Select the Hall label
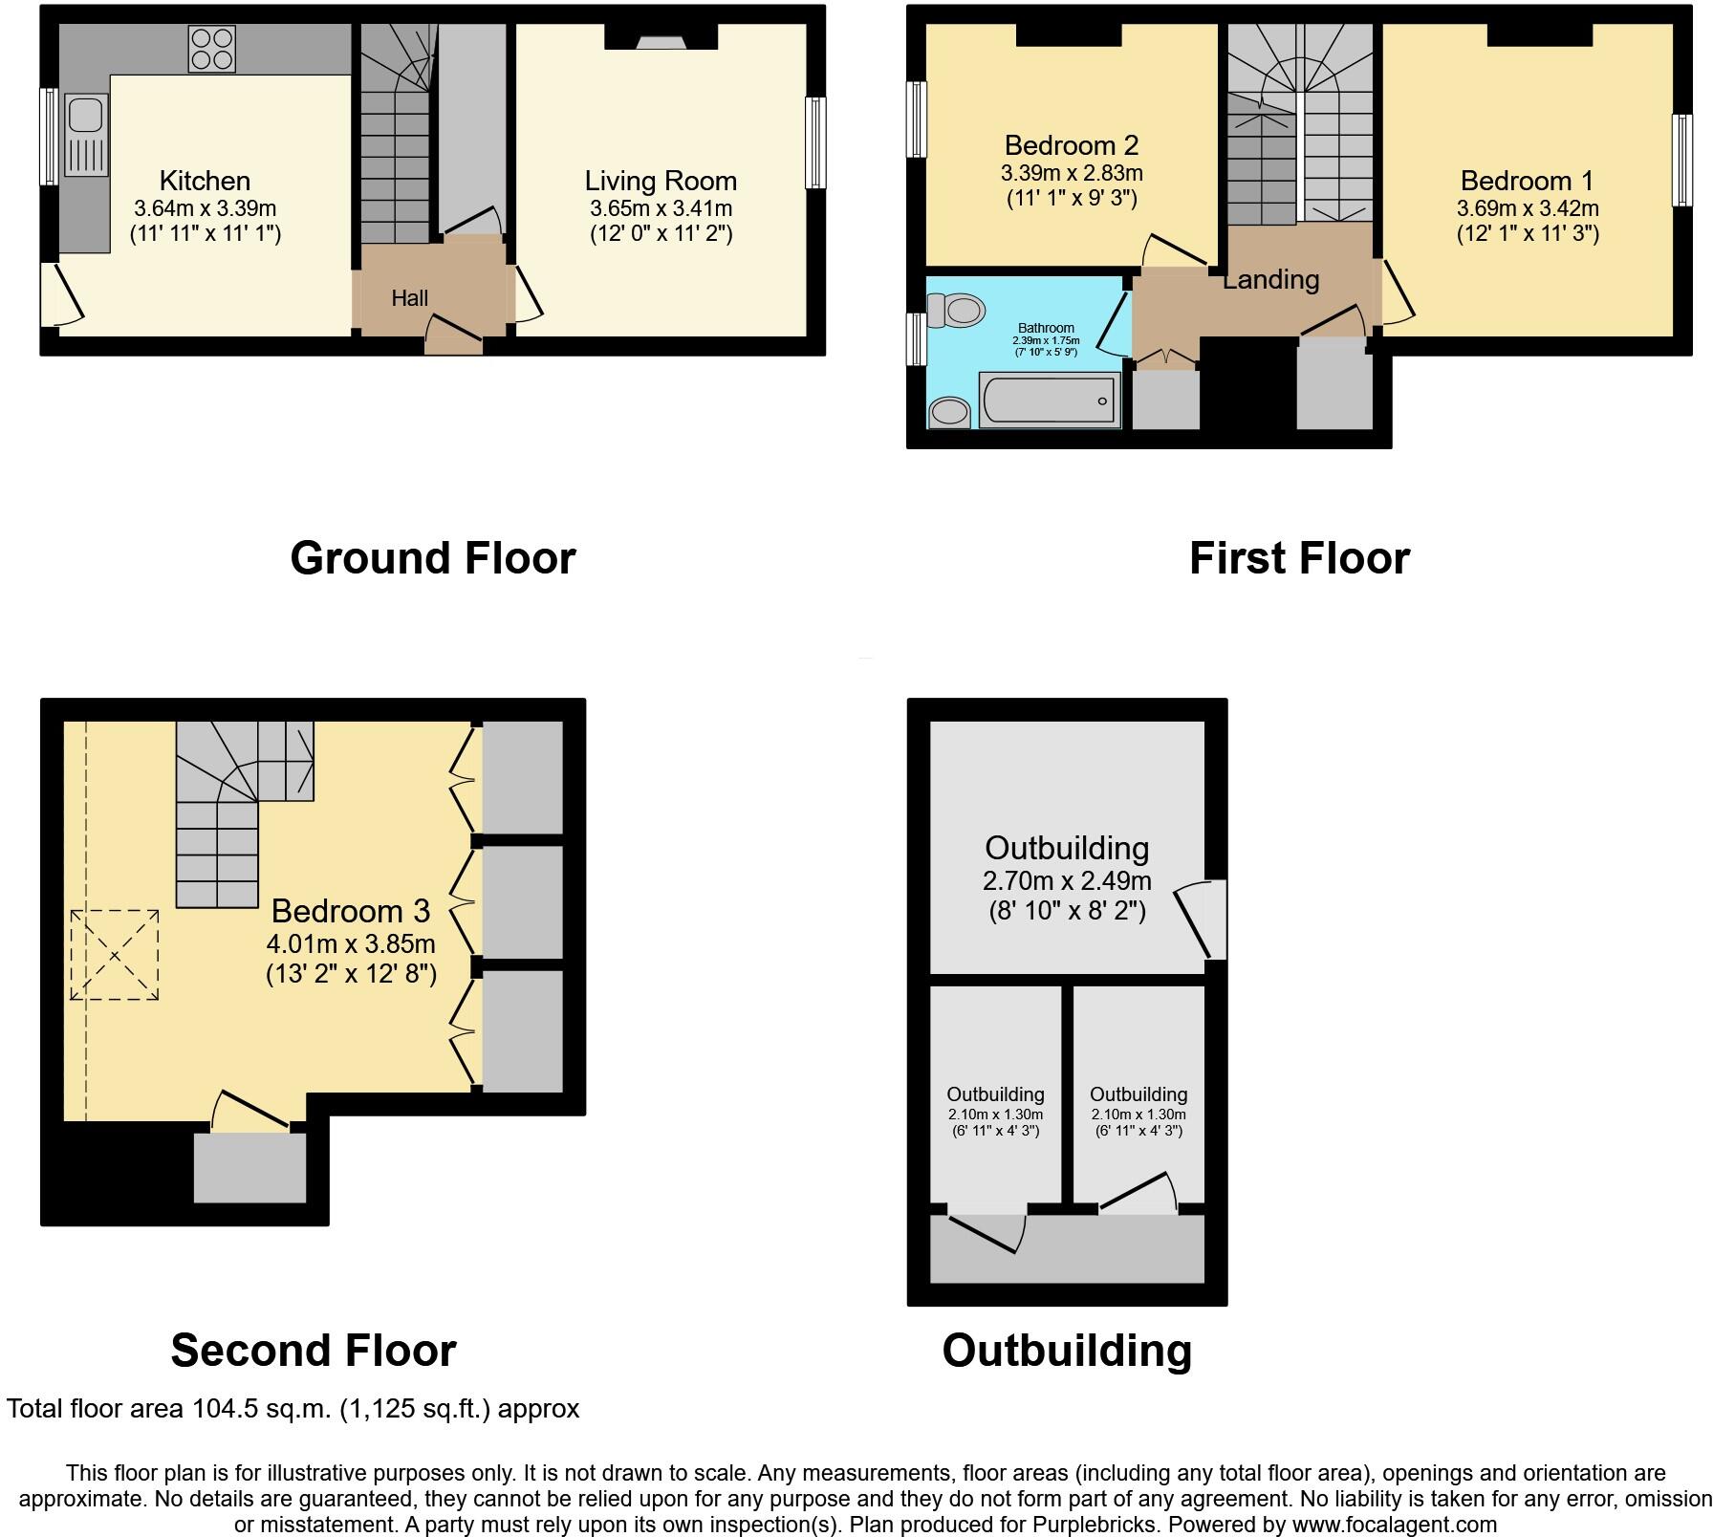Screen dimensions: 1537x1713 [x=409, y=298]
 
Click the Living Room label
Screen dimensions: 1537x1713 [x=661, y=181]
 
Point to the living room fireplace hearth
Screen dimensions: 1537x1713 [x=661, y=41]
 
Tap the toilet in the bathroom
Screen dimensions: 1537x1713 [x=957, y=310]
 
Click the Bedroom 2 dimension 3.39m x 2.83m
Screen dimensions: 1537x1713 [x=1072, y=173]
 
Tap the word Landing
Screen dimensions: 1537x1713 [x=1270, y=279]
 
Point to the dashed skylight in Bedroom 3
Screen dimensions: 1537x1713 [x=115, y=954]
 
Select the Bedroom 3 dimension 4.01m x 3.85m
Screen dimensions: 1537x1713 [x=351, y=943]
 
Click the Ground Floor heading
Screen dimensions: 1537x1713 [x=432, y=557]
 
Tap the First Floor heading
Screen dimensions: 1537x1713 [x=1299, y=557]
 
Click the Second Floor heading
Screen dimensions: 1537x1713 [x=313, y=1350]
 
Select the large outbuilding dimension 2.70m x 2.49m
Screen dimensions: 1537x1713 [x=1067, y=880]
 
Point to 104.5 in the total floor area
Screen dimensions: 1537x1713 [x=225, y=1409]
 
